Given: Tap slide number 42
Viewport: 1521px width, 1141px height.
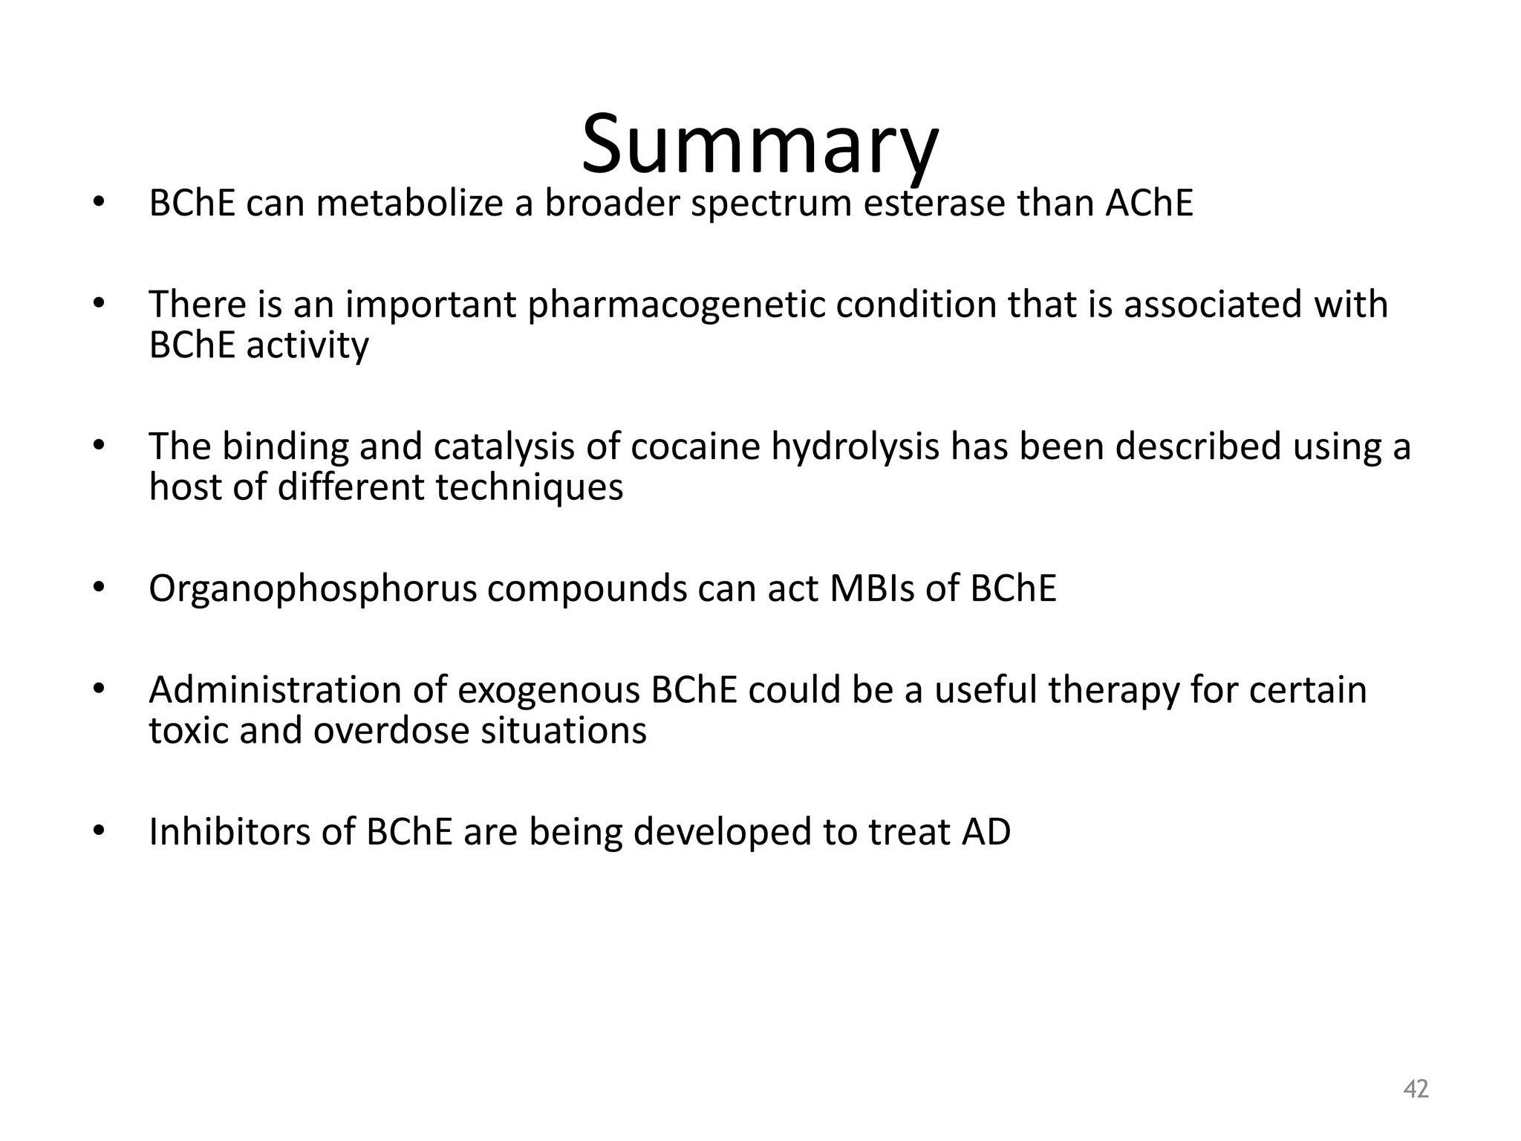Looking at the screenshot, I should coord(1416,1089).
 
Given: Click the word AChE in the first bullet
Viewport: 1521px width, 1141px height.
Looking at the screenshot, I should coord(1148,203).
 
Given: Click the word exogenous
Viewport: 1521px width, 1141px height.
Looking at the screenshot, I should coord(548,691).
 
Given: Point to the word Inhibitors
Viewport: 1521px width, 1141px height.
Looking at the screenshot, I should coord(229,832).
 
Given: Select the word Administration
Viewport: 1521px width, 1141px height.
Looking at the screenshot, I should coord(275,690).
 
